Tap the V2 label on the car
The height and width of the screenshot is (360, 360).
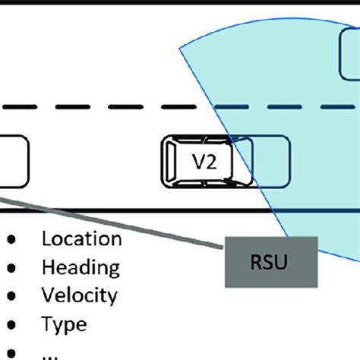[202, 162]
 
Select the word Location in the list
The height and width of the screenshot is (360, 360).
[81, 239]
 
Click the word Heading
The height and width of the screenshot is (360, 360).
[81, 267]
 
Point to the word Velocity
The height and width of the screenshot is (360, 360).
[80, 295]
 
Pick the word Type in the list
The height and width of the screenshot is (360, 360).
[64, 325]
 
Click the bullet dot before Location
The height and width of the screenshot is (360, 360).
[12, 240]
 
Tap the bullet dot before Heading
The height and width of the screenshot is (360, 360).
[12, 268]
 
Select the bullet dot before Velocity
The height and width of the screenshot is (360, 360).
[12, 296]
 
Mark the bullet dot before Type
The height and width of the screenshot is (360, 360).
[12, 325]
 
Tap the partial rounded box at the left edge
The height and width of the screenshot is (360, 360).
[14, 161]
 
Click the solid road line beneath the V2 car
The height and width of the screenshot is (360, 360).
[152, 210]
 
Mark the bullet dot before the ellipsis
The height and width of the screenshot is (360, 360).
[12, 354]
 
